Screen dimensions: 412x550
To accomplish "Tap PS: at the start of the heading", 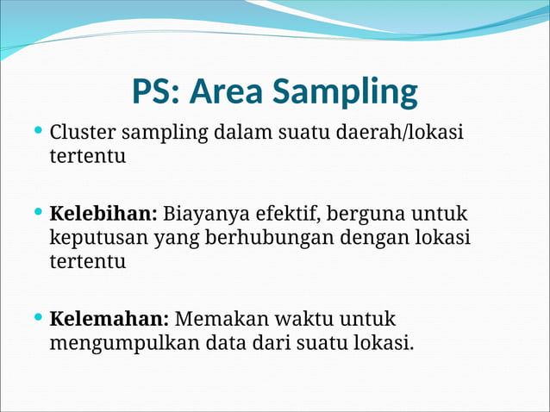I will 156,91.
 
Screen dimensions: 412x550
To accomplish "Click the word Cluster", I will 83,134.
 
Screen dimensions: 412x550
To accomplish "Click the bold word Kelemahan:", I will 109,318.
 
